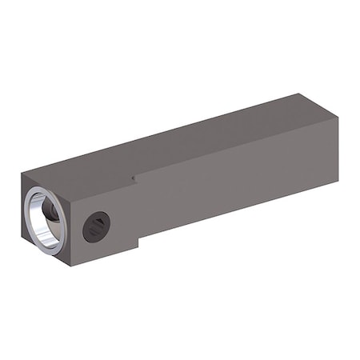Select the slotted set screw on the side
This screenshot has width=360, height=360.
tap(97, 229)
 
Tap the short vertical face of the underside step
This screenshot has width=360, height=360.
tap(140, 244)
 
